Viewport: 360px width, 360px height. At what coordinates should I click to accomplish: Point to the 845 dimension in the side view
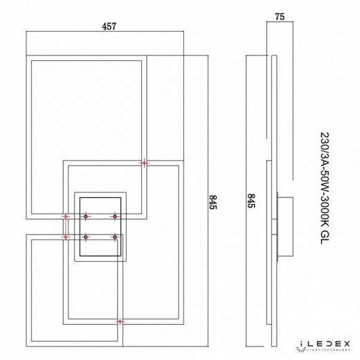coord(252,203)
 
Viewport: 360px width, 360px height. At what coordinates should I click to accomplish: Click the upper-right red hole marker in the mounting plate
coord(115,217)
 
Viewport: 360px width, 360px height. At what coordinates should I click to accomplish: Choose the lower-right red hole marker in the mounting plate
coord(115,237)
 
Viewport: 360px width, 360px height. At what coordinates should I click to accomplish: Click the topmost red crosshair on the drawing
coord(144,163)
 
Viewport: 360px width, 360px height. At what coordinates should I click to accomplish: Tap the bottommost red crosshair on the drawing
coord(120,321)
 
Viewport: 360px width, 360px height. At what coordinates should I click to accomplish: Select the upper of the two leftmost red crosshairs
coord(66,217)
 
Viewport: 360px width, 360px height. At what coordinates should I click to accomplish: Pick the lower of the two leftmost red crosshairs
coord(66,237)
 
